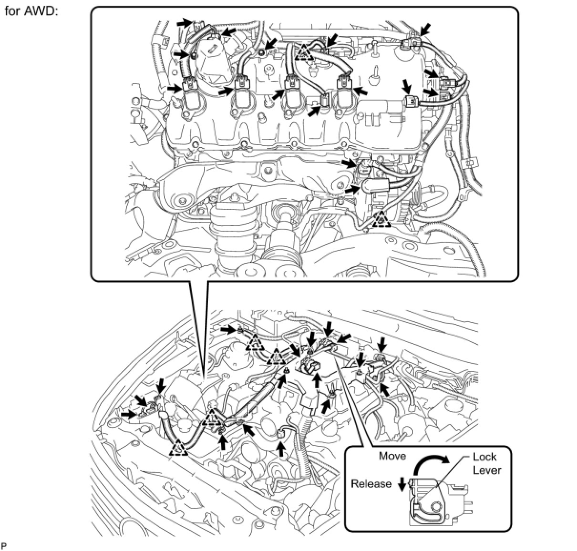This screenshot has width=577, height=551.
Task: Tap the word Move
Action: [x=392, y=456]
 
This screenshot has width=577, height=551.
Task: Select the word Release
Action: [x=371, y=484]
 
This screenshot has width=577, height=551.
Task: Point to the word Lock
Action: [x=484, y=457]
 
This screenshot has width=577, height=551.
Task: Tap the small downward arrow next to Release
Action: [x=402, y=485]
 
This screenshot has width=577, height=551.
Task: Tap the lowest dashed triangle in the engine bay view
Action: [x=177, y=448]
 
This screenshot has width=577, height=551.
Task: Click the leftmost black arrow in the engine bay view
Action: [x=127, y=415]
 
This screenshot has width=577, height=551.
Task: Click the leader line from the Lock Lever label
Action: [x=446, y=477]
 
